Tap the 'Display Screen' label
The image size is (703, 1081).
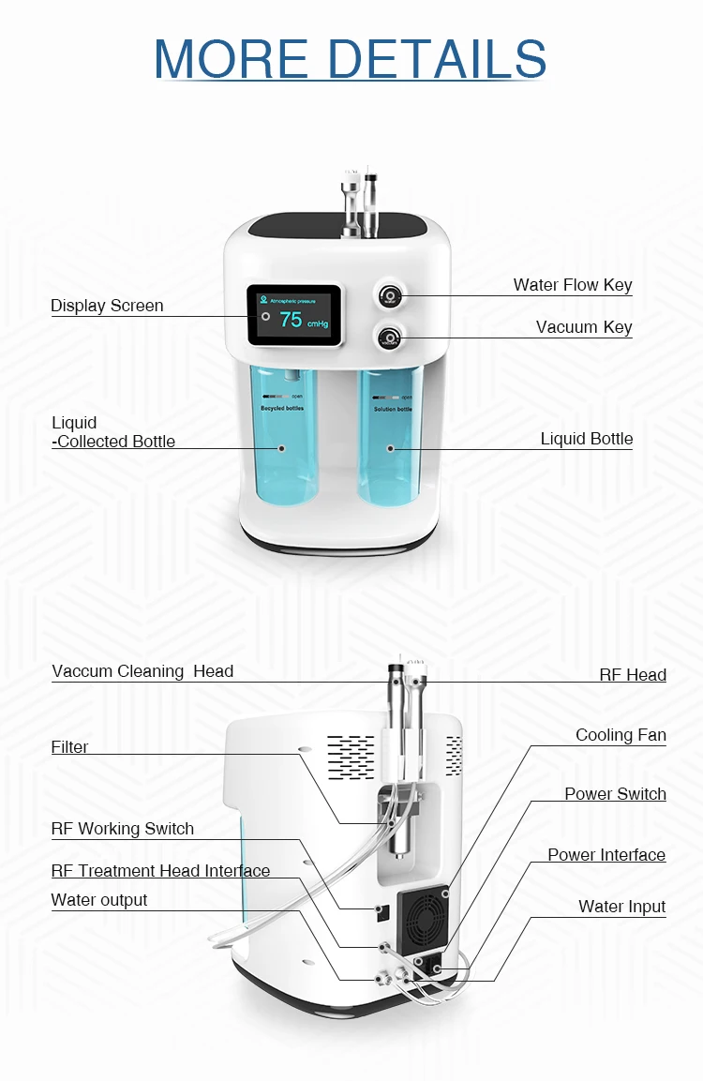(107, 306)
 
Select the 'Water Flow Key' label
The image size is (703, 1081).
(573, 285)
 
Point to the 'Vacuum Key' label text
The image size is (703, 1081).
(584, 327)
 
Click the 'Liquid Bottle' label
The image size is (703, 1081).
(587, 439)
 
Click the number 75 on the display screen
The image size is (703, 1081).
(292, 320)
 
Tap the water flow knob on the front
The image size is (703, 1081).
(389, 295)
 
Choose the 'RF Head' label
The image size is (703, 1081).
(633, 675)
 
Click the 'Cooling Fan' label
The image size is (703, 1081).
(621, 735)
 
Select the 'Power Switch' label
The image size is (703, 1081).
(615, 794)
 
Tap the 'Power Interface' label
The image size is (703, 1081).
(606, 855)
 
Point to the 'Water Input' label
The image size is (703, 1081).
(621, 907)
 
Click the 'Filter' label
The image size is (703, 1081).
(70, 747)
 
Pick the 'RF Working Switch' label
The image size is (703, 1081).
(123, 829)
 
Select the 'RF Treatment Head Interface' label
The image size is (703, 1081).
(160, 871)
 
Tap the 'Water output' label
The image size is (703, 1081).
(99, 900)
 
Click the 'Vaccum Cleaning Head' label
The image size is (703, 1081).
(142, 671)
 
